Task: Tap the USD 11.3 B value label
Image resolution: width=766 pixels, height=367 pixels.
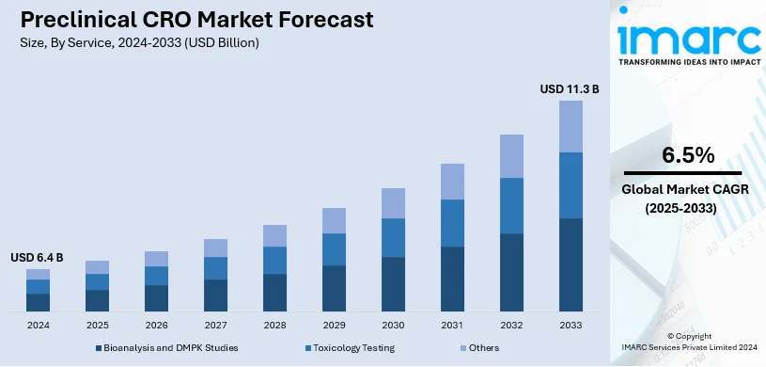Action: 569,89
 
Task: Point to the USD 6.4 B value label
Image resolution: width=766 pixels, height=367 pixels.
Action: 38,257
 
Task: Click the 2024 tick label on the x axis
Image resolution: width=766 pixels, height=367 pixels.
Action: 38,325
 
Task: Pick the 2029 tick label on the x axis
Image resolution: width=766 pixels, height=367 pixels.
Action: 334,325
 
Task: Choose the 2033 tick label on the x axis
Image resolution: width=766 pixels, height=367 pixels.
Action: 571,325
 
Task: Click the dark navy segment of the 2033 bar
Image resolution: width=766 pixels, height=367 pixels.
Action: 571,264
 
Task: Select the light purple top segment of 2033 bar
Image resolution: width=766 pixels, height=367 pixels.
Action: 571,126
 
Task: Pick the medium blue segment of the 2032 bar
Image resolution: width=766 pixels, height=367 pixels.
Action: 511,205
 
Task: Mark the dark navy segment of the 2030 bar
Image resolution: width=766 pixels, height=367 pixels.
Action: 393,283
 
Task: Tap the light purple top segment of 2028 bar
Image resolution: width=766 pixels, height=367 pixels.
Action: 274,235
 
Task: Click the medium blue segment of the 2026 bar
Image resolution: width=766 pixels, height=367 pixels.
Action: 156,275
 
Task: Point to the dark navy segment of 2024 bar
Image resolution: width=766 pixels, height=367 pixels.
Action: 38,302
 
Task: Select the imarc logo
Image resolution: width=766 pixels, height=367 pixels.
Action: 688,39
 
